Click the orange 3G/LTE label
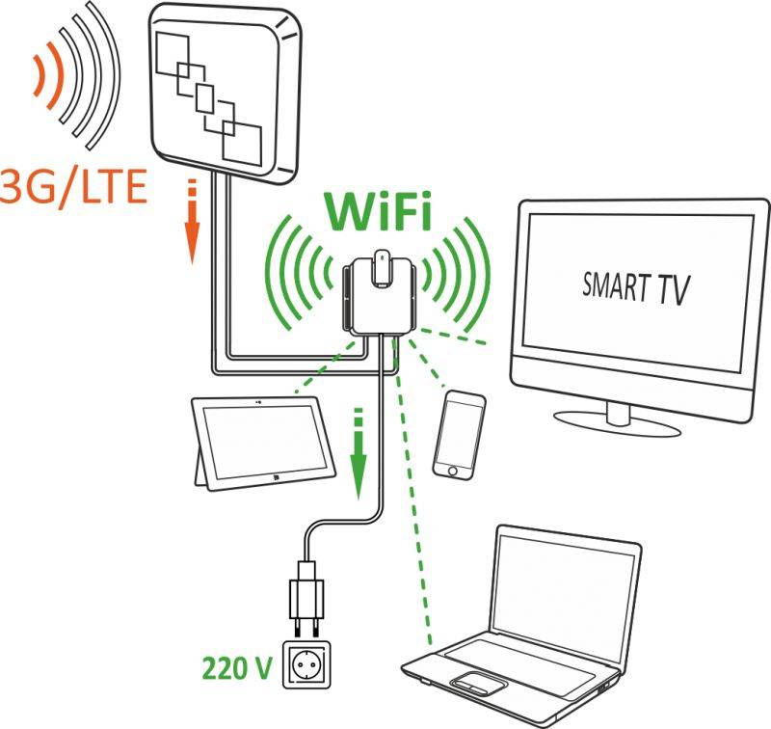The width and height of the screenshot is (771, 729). point(74,187)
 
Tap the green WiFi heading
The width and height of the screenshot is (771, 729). point(377,211)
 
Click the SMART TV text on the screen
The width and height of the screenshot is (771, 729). point(636,288)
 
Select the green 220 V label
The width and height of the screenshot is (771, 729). point(236,668)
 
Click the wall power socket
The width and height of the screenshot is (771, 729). point(306,664)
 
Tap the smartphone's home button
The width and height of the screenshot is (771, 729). point(452,472)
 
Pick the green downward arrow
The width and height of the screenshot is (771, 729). point(359,453)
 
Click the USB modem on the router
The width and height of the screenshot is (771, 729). point(382,269)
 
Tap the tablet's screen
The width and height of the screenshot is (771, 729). point(264,440)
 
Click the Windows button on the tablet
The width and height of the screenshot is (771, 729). point(276,476)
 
